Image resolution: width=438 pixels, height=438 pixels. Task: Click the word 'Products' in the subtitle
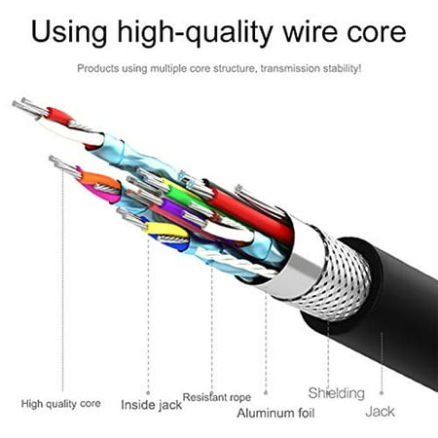coord(98,69)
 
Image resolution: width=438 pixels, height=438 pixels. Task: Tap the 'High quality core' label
coord(60,404)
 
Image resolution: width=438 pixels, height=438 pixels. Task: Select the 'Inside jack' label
coord(151,405)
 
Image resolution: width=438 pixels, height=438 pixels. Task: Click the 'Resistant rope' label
coord(217,397)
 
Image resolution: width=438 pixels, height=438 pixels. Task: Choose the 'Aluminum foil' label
coord(275,413)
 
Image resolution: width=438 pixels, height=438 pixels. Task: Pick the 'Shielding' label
coord(337,394)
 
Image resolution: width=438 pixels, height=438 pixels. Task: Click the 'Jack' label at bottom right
coord(380,412)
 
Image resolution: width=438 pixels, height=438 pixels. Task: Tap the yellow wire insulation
coord(166,230)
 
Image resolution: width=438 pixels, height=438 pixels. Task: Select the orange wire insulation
coord(100,180)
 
